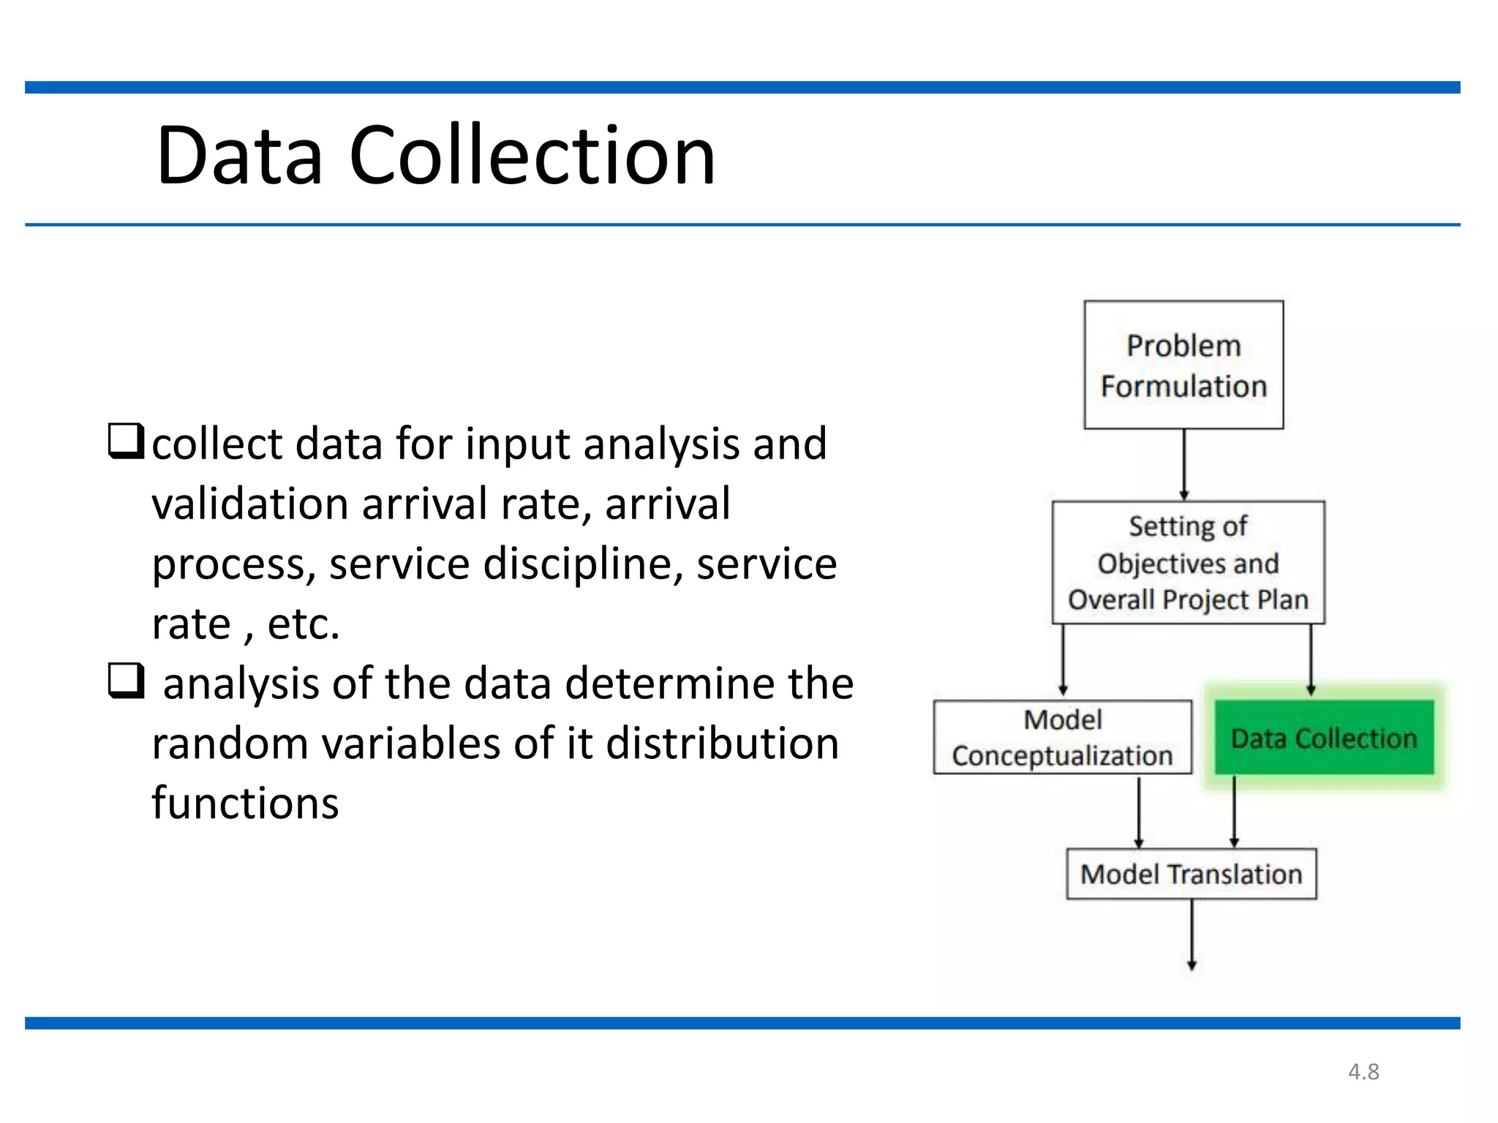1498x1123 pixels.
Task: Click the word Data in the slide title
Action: [239, 156]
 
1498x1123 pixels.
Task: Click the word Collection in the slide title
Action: [532, 156]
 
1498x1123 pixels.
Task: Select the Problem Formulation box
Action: [1183, 365]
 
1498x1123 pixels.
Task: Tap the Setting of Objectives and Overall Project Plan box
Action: [1187, 562]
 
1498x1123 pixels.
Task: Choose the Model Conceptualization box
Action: [1062, 737]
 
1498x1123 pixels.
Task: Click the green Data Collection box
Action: [1323, 738]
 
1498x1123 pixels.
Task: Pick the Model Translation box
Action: [1191, 874]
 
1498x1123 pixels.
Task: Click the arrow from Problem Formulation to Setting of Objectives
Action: [1183, 464]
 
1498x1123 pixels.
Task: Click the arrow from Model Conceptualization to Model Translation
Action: [1138, 812]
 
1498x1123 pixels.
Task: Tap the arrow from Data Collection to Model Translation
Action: [1234, 812]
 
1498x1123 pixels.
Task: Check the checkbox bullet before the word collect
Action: [126, 441]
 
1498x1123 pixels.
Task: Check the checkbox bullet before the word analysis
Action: [126, 681]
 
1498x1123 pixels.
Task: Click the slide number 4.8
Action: [1363, 1072]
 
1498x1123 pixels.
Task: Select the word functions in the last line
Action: [245, 803]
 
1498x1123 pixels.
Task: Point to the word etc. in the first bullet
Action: [304, 624]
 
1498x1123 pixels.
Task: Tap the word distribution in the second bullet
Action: [722, 744]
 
